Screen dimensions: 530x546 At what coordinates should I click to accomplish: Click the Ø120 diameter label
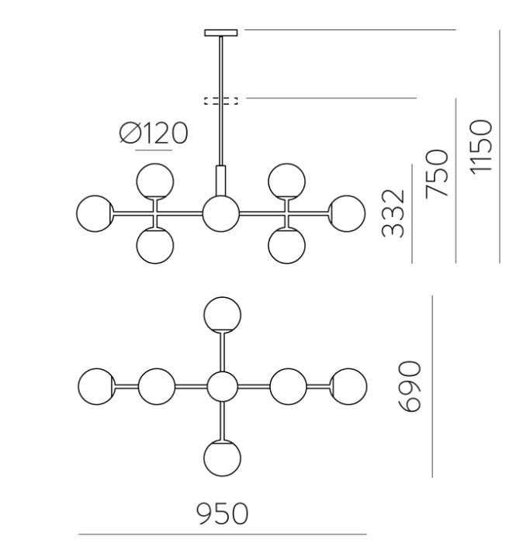click(154, 133)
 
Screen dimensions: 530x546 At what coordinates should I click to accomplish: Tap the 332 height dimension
click(393, 213)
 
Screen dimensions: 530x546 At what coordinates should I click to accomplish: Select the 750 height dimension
click(437, 174)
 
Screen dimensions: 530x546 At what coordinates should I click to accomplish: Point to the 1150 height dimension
click(481, 146)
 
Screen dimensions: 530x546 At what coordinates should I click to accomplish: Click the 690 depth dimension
click(410, 386)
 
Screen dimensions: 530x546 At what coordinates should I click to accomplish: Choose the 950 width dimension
click(222, 513)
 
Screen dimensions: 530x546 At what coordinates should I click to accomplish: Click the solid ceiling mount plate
click(221, 33)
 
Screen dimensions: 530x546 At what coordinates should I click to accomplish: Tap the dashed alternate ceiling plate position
click(221, 101)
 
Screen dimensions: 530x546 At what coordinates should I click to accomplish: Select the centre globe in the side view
click(221, 213)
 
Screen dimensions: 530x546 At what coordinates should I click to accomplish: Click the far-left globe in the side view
click(95, 213)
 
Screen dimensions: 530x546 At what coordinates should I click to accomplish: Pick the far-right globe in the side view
click(347, 213)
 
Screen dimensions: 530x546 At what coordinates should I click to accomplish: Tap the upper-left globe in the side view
click(154, 181)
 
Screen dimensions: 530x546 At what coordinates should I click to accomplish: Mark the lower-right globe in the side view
click(287, 246)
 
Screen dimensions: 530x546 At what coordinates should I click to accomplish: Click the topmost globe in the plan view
click(222, 315)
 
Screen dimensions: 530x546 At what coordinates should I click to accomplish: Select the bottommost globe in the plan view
click(222, 458)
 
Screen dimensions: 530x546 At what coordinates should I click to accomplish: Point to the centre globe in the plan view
click(222, 386)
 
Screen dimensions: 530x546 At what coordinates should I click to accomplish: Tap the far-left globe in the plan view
click(96, 386)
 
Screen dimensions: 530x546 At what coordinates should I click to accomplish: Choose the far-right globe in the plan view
click(348, 386)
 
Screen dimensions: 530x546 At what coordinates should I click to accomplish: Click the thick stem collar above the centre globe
click(221, 181)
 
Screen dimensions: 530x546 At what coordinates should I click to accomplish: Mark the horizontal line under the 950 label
click(222, 534)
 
